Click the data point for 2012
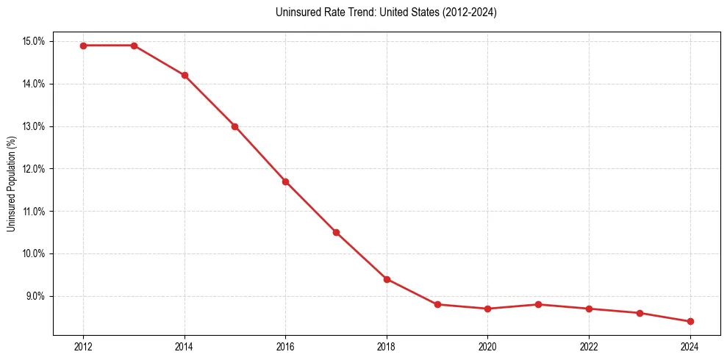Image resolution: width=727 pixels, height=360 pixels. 83,46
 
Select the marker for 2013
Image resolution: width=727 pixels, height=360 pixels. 134,46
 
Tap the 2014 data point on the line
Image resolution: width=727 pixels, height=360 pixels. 185,75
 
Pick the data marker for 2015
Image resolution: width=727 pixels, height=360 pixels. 234,126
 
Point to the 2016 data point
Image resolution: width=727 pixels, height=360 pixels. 285,181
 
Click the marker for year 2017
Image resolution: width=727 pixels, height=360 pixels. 336,232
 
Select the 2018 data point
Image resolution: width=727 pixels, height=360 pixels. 387,279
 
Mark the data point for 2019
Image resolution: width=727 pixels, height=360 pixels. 437,304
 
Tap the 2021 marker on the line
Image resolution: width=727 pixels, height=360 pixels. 538,304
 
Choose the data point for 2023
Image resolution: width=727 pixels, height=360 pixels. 640,313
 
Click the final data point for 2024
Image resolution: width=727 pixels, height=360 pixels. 690,321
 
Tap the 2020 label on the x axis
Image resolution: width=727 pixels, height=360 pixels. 487,347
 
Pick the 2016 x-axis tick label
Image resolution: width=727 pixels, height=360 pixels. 285,347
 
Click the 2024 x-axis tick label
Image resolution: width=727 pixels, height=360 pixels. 690,347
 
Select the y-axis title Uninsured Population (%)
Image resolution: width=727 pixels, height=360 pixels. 12,182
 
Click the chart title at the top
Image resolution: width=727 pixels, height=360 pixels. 386,12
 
